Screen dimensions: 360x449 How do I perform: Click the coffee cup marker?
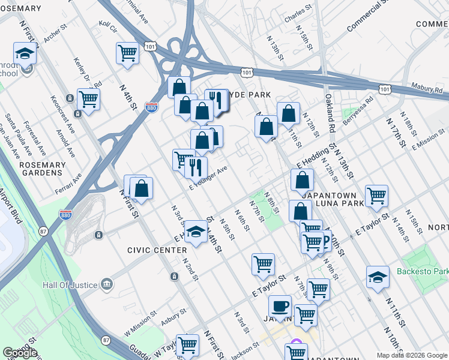pyautogui.click(x=280, y=307)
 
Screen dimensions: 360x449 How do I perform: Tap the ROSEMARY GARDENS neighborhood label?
pyautogui.click(x=41, y=169)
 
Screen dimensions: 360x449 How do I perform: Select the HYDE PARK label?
pyautogui.click(x=249, y=95)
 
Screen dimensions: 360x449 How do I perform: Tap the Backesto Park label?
pyautogui.click(x=421, y=271)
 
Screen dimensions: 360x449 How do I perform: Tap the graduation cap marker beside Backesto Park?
pyautogui.click(x=376, y=277)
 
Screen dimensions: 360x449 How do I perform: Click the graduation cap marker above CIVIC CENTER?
pyautogui.click(x=196, y=232)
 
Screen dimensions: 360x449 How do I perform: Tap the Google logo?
pyautogui.click(x=20, y=353)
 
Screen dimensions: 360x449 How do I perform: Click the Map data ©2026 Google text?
pyautogui.click(x=412, y=355)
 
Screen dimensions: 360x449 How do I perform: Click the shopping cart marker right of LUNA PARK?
pyautogui.click(x=376, y=195)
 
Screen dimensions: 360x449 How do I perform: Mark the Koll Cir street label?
pyautogui.click(x=107, y=28)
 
